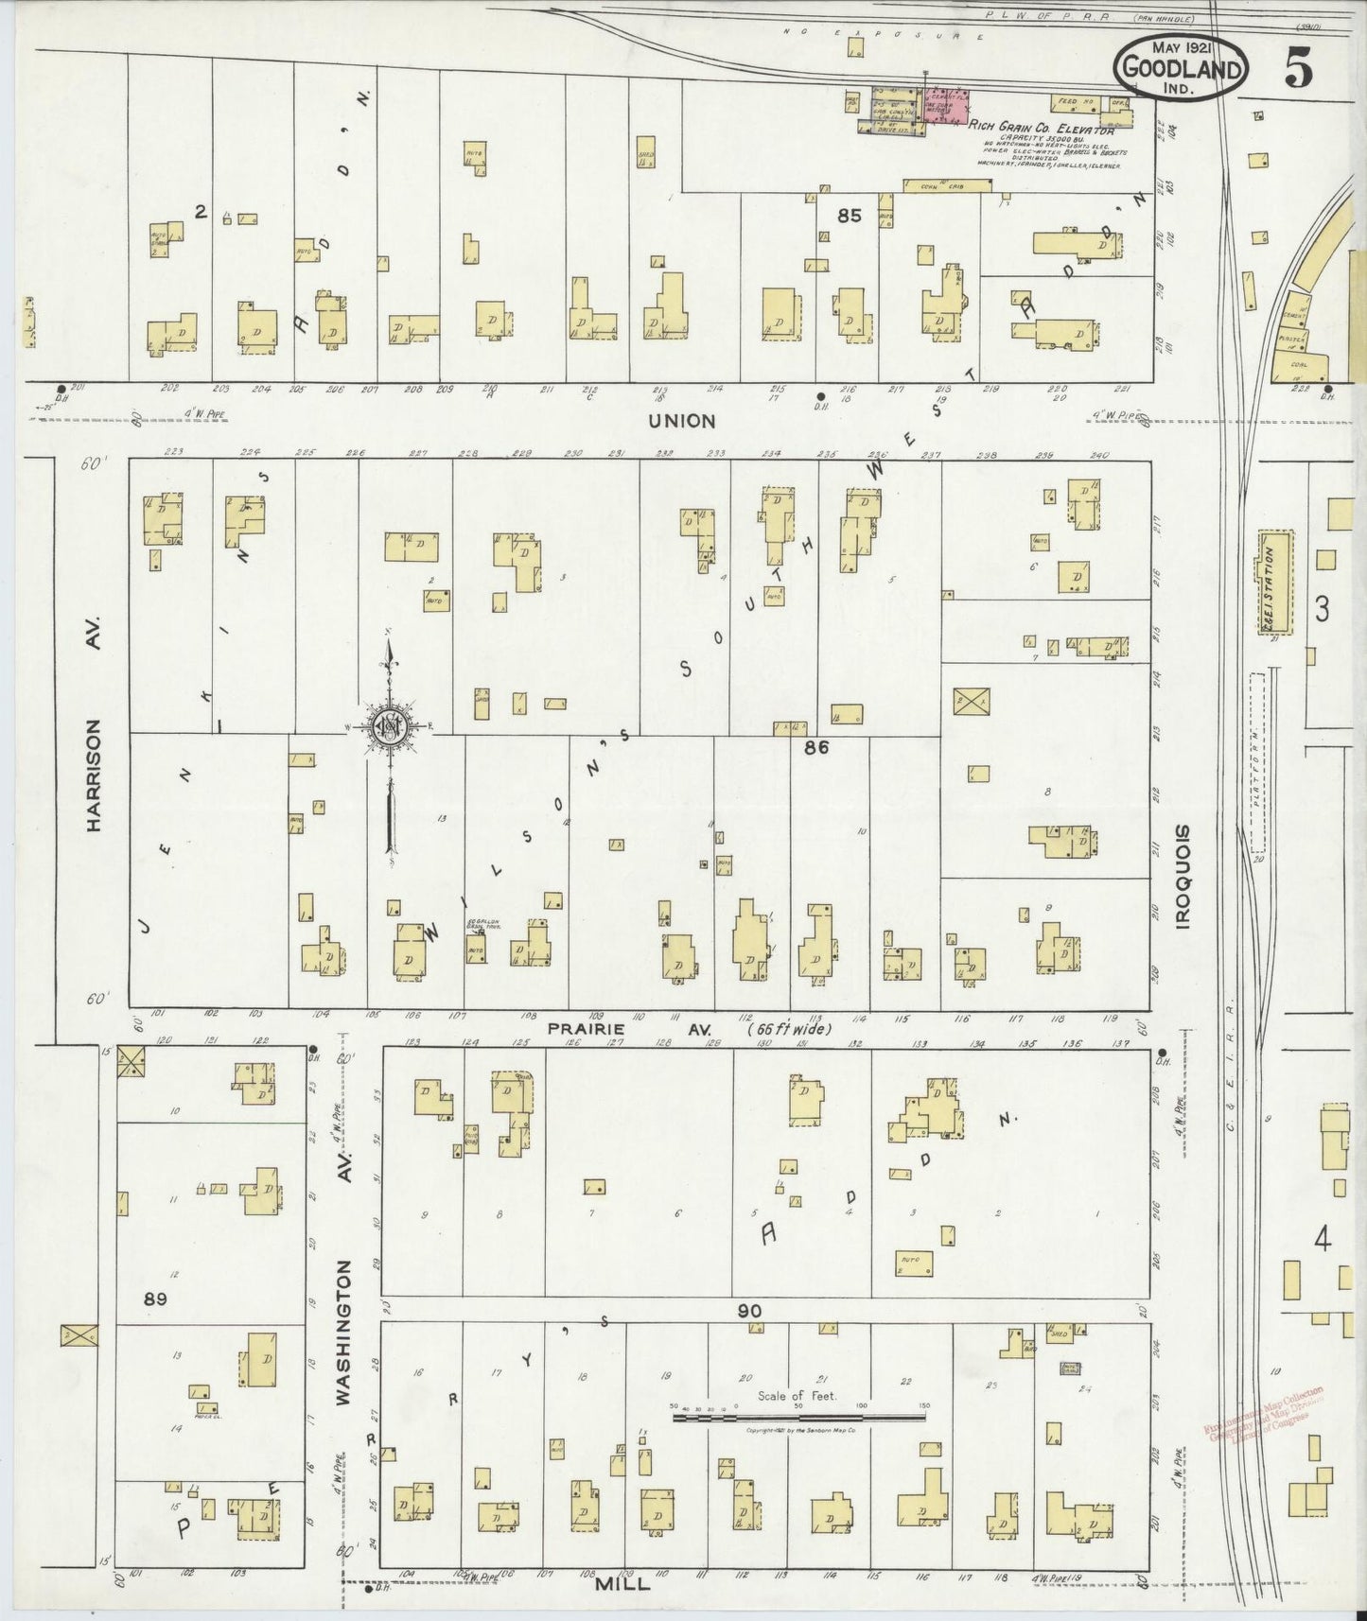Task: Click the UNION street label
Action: click(x=682, y=420)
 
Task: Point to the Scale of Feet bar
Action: click(x=799, y=1418)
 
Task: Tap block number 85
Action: click(x=849, y=216)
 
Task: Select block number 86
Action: click(x=815, y=747)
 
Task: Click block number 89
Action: click(x=155, y=1299)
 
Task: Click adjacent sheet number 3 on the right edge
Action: click(x=1322, y=609)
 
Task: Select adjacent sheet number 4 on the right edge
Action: click(x=1323, y=1239)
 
